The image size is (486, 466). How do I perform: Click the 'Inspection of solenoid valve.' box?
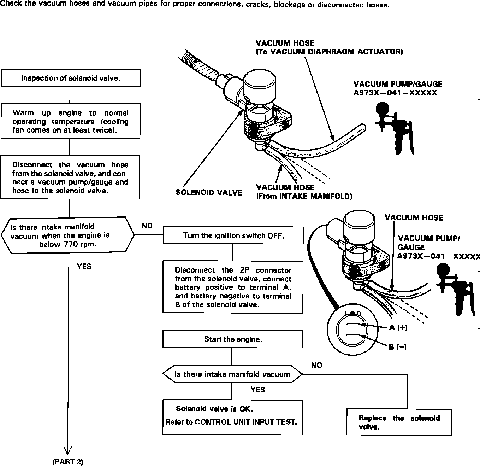coord(71,78)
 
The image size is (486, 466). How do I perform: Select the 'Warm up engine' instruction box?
coord(71,121)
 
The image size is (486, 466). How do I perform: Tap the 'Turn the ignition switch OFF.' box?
coord(233,235)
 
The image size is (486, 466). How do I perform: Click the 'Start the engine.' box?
coord(233,339)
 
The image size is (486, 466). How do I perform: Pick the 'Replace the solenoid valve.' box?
coord(399,422)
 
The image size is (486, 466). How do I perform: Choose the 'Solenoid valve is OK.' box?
coord(232,417)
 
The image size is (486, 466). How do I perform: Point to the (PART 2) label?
coord(67,462)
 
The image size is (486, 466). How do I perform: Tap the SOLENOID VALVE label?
coord(209,193)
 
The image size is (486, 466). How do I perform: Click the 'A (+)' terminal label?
coord(398,327)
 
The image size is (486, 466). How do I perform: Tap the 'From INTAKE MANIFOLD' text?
coord(304,196)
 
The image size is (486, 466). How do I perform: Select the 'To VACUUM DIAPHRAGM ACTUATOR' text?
coord(330,52)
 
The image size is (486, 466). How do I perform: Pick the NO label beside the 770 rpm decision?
coord(147,226)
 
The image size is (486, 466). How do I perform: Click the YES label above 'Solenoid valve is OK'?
coord(257,390)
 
